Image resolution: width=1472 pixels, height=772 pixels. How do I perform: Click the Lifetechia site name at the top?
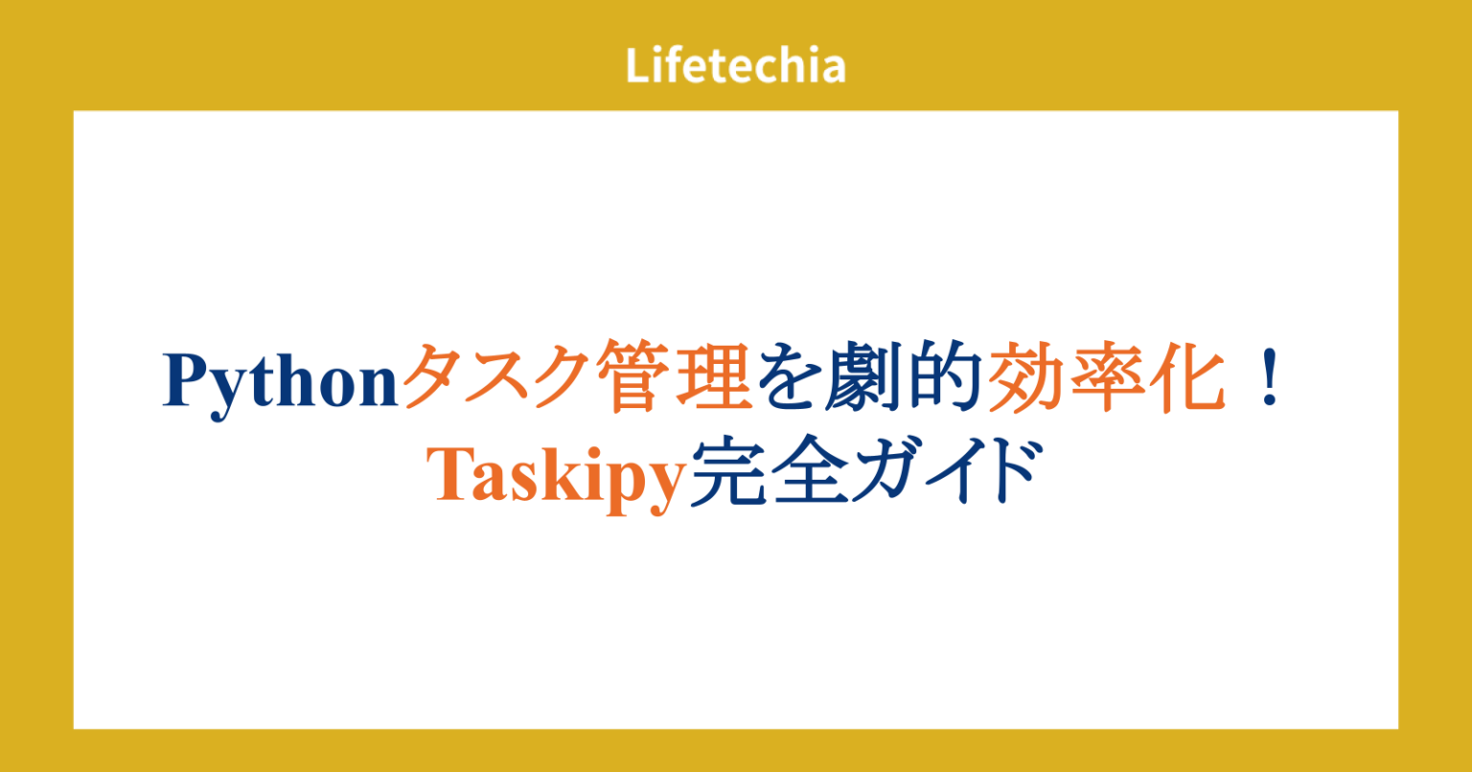coord(736,65)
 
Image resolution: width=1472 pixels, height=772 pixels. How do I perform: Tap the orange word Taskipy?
coord(557,477)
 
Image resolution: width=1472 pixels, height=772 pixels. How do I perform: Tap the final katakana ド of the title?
coord(1006,475)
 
